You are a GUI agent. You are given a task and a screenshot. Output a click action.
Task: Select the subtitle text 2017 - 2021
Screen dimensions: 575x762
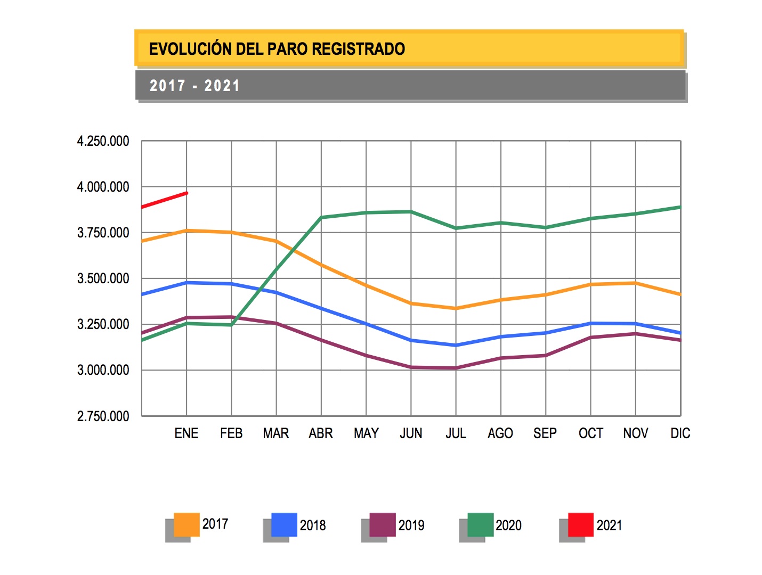pos(194,86)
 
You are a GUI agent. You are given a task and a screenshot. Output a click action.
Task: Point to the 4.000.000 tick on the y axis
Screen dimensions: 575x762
pos(103,187)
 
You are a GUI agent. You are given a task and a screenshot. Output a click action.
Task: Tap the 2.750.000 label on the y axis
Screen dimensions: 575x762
pos(103,416)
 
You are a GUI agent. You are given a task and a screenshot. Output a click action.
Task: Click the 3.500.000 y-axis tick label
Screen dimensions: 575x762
pos(103,278)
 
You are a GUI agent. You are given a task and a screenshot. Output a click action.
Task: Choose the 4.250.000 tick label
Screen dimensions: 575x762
pos(103,141)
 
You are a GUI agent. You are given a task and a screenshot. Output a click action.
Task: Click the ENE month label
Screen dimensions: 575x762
pos(187,433)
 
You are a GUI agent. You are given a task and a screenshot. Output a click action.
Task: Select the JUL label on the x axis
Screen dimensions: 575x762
pos(456,433)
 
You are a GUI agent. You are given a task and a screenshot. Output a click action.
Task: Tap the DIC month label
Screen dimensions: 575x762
pos(680,433)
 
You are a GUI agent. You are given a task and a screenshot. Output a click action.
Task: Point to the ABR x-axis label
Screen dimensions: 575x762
pos(321,433)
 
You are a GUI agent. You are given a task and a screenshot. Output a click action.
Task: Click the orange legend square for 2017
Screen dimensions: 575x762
pos(187,524)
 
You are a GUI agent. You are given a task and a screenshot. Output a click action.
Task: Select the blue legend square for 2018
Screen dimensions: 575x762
pos(284,524)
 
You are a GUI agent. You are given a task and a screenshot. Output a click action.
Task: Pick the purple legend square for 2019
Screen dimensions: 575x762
pos(383,524)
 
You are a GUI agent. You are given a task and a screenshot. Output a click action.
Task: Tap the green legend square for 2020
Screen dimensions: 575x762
pos(480,524)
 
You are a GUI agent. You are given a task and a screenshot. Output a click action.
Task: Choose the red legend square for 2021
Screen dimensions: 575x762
pos(580,524)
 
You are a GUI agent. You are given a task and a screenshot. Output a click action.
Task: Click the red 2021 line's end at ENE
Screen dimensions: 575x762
pos(187,193)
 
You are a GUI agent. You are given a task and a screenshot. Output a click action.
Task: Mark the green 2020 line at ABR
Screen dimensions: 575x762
pos(321,217)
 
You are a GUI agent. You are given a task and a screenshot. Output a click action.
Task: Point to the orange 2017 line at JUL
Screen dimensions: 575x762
pos(456,308)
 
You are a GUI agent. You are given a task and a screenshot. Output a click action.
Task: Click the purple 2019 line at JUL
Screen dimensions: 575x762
pos(456,368)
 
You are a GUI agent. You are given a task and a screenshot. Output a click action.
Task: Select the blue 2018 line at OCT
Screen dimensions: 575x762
pos(590,323)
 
